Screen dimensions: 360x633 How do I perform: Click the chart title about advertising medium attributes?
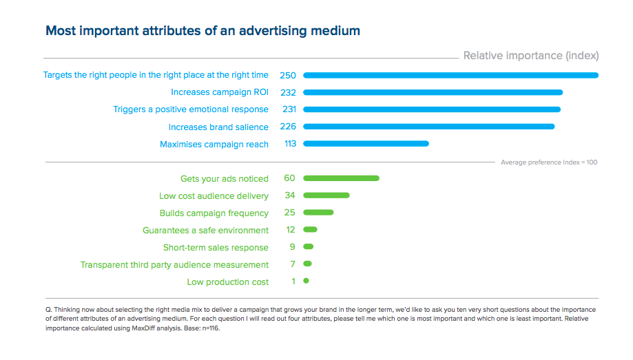(203, 31)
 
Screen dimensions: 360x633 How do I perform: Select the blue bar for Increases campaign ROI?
(433, 92)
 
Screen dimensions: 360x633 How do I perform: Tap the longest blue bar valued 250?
(450, 75)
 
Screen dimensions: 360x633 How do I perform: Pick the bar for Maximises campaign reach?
(366, 144)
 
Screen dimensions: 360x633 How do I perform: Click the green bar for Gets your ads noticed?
(341, 178)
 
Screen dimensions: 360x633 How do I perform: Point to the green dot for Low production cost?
(306, 281)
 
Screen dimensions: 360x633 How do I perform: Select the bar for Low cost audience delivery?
(326, 195)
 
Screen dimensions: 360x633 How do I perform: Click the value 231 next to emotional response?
(288, 109)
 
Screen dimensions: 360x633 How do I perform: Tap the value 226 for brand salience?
(288, 127)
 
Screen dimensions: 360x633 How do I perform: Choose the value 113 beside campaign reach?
(290, 144)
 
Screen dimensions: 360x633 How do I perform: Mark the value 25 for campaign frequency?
(289, 213)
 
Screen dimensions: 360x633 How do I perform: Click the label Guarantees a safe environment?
(205, 230)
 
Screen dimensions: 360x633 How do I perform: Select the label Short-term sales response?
(216, 247)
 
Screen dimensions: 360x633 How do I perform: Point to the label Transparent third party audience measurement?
(174, 264)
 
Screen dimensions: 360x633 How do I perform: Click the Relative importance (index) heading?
(531, 56)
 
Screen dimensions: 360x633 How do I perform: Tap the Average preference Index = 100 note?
(549, 162)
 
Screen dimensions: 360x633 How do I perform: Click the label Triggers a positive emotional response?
(191, 109)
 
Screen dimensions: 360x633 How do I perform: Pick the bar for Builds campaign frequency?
(318, 213)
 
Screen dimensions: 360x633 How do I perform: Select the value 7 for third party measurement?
(292, 264)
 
